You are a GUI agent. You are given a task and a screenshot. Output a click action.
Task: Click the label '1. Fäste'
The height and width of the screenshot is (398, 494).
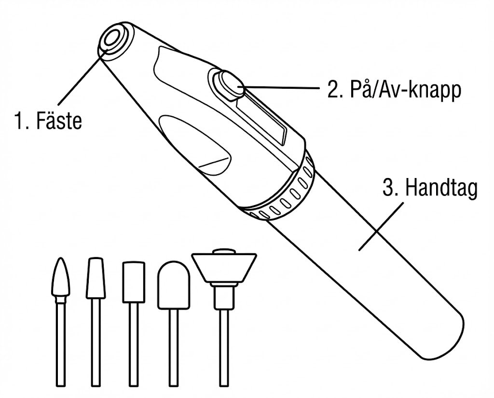(x=47, y=121)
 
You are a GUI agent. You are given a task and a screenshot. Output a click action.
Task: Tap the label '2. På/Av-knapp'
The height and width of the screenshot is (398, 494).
(x=393, y=90)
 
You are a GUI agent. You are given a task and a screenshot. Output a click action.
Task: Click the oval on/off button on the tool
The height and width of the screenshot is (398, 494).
(x=230, y=84)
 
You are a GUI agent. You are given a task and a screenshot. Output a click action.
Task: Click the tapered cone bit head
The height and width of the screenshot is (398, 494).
(x=95, y=278)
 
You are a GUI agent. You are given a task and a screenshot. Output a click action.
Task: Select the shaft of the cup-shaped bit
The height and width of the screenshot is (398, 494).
(x=223, y=347)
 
